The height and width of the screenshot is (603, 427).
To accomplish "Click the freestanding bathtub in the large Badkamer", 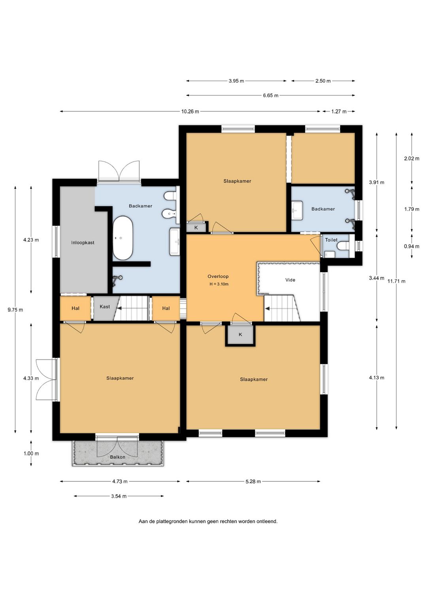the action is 123,238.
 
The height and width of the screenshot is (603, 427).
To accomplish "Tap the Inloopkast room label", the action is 83,243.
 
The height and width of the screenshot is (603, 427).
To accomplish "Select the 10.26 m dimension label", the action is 190,111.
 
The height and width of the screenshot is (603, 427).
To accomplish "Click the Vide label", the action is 290,280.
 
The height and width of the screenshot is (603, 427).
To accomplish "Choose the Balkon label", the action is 117,457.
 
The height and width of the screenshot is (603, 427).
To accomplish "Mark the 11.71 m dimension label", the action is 396,281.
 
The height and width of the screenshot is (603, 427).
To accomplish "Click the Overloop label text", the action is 218,276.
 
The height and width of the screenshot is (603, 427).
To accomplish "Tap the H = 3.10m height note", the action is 219,284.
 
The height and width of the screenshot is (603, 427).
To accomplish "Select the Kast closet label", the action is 105,306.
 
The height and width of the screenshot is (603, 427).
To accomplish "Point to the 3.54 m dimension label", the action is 119,496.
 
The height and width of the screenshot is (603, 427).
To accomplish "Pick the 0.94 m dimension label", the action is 412,246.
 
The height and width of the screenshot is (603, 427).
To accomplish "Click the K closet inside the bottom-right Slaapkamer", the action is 240,334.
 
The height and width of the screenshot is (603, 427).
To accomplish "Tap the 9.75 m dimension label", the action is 15,310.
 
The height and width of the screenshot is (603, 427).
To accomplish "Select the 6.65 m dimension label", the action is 271,95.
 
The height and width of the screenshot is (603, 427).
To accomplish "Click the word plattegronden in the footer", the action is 172,522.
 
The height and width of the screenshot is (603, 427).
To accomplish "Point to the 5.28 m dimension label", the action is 253,482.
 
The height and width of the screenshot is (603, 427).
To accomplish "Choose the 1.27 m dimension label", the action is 339,111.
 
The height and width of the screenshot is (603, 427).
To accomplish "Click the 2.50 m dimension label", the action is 323,81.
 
